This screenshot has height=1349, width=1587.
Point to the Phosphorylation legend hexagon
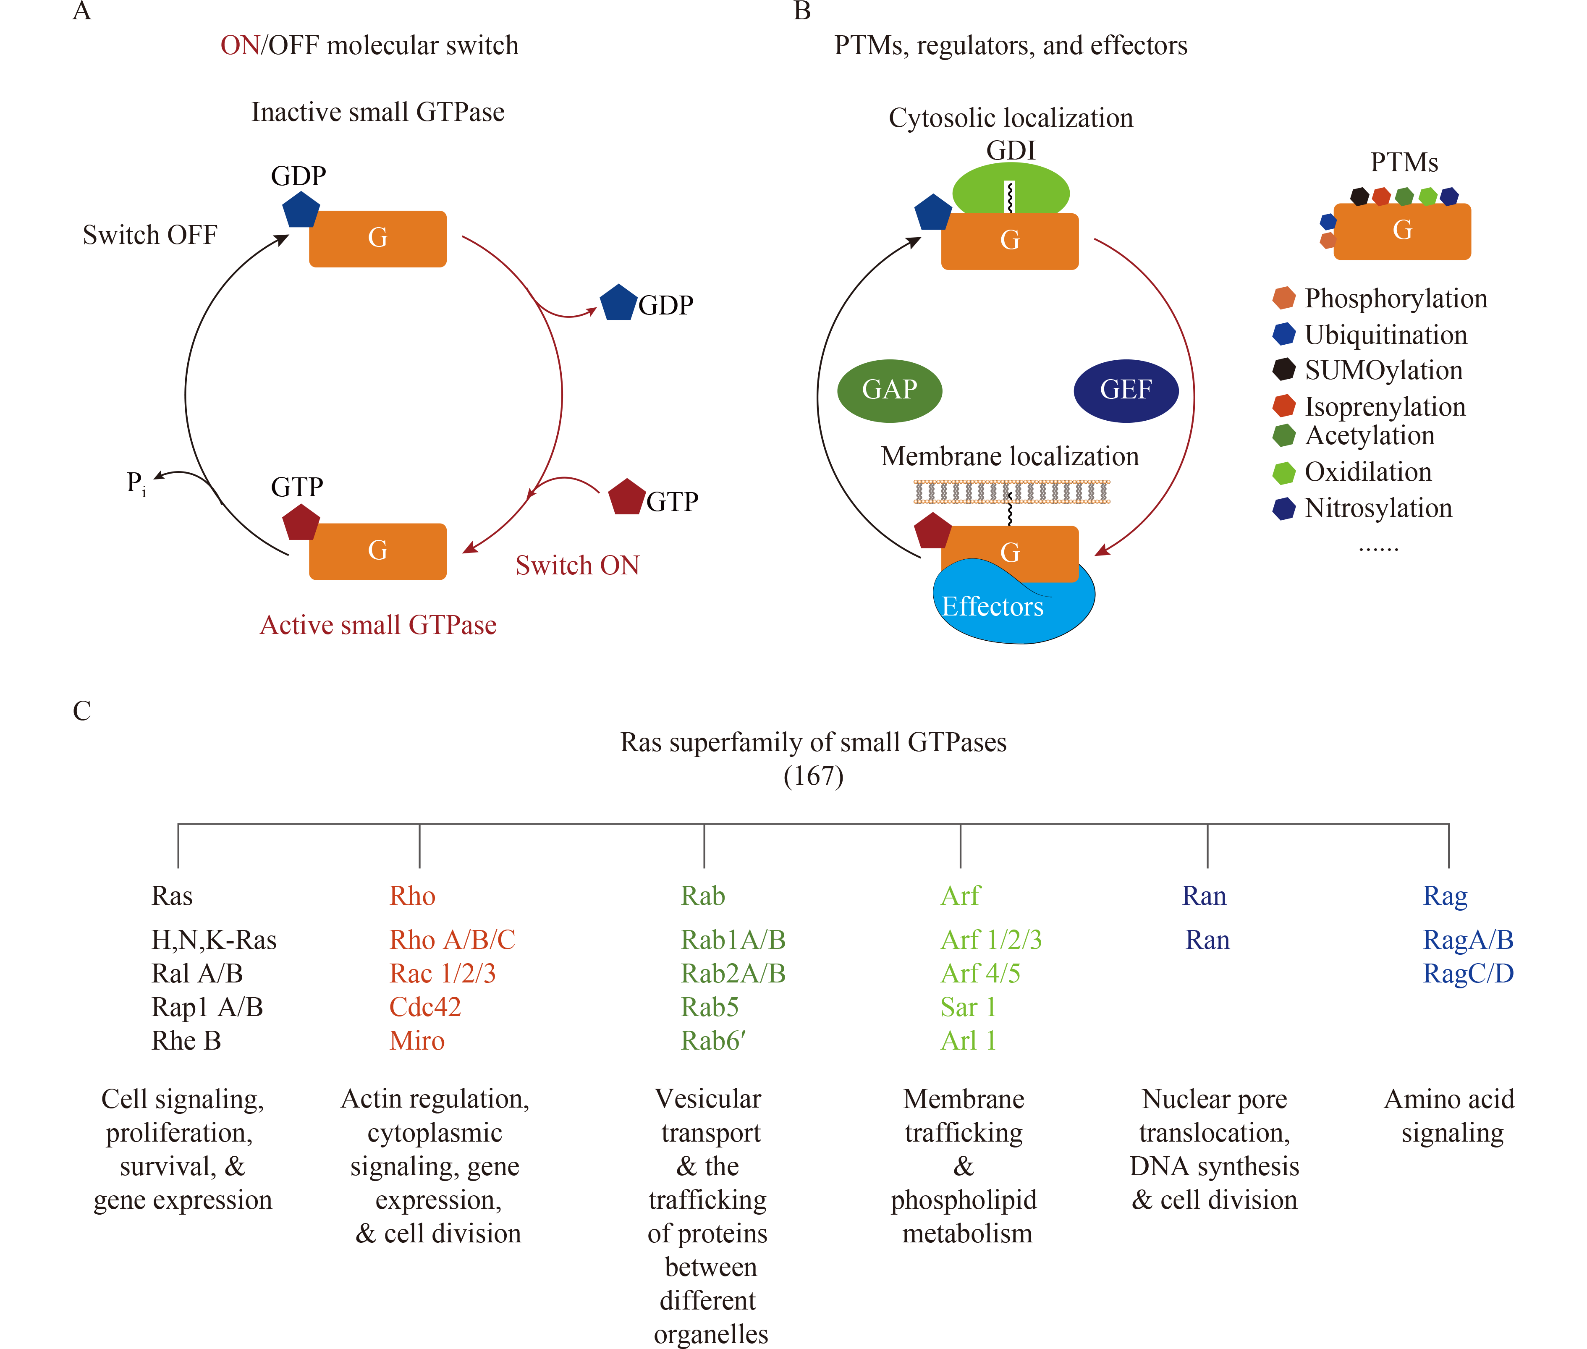1283,298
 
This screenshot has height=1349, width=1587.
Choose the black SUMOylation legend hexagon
1283,369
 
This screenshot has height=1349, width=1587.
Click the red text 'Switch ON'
577,565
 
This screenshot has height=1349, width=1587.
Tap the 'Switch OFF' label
150,235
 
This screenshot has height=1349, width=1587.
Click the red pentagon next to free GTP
626,497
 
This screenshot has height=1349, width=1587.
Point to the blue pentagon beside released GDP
618,303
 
